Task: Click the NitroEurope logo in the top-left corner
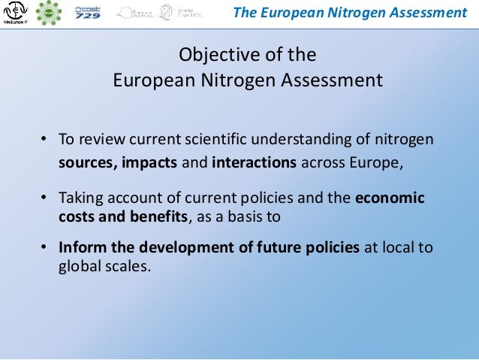pyautogui.click(x=15, y=13)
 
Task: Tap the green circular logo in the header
pyautogui.click(x=50, y=12)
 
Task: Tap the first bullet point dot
pyautogui.click(x=44, y=140)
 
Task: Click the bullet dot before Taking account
pyautogui.click(x=44, y=198)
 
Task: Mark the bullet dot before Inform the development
pyautogui.click(x=44, y=248)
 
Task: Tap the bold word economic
pyautogui.click(x=390, y=198)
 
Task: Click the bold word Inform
pyautogui.click(x=81, y=248)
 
